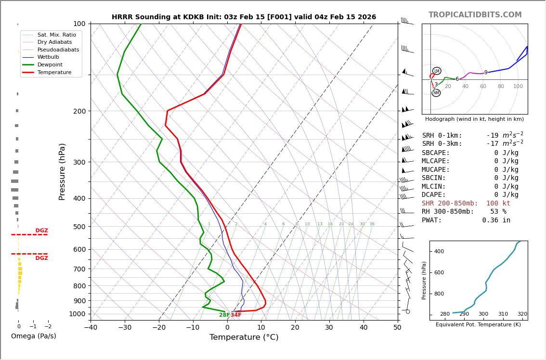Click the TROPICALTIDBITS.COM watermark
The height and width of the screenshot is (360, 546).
coord(475,15)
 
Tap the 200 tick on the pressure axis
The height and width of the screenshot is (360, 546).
coord(79,111)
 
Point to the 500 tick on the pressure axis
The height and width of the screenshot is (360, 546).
coord(79,227)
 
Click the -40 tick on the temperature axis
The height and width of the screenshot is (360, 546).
coord(91,328)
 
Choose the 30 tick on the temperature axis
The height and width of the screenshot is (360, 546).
coord(329,328)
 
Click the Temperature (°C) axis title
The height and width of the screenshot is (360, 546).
coord(244,337)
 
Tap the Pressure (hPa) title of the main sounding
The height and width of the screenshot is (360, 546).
coord(62,171)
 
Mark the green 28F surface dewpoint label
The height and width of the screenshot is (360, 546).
coord(224,315)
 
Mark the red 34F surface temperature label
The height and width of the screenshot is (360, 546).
coord(236,315)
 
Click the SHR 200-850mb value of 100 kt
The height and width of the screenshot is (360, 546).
coord(498,204)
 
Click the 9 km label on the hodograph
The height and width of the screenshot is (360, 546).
coord(486,73)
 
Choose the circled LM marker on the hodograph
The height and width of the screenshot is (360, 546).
coord(437,71)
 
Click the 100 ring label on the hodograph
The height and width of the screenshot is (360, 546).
coord(518,87)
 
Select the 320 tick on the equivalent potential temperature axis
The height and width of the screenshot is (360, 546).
coord(522,314)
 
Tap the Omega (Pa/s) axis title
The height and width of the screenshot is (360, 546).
coord(34,336)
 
